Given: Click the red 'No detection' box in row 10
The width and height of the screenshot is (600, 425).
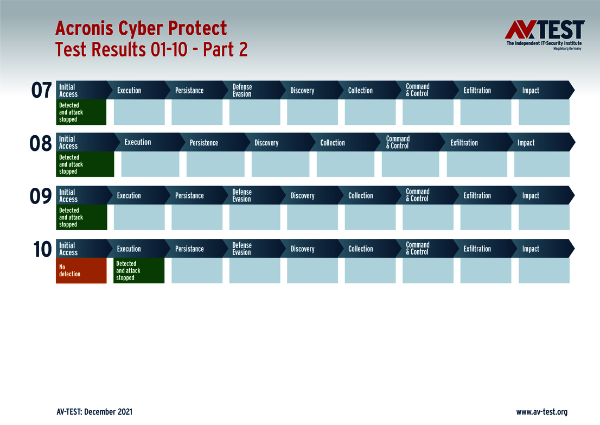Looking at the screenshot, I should (81, 270).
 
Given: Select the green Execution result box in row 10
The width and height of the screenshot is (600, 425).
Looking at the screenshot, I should (139, 270).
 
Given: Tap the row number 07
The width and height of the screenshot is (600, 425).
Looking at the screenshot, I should (42, 91).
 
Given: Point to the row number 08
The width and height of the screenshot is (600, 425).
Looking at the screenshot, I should (41, 143).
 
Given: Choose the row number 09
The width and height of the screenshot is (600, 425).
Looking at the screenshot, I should (41, 196).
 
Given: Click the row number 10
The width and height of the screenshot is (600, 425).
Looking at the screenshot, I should (42, 249).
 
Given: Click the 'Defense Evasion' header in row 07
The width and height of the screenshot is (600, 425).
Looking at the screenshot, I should (242, 91).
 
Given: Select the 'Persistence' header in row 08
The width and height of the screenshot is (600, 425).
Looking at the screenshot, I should (204, 143).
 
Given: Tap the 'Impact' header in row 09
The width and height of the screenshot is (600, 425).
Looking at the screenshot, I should (531, 196).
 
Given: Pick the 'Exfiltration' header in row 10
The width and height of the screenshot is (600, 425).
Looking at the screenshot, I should (477, 249).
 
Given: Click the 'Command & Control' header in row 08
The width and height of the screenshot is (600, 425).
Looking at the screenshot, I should (398, 143).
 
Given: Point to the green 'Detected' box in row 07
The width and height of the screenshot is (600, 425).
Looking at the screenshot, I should (81, 112).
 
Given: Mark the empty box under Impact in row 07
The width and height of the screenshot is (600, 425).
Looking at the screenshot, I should (544, 112).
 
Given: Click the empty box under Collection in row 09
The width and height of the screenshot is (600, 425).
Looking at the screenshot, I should (370, 217).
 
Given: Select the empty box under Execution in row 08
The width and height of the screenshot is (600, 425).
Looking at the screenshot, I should (150, 164).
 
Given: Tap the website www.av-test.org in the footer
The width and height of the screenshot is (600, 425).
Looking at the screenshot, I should (541, 412).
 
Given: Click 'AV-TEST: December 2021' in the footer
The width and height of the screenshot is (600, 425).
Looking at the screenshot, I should (94, 412).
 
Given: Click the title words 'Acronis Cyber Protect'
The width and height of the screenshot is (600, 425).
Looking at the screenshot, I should (141, 28).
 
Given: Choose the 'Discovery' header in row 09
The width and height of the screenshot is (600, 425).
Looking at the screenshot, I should (303, 196).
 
